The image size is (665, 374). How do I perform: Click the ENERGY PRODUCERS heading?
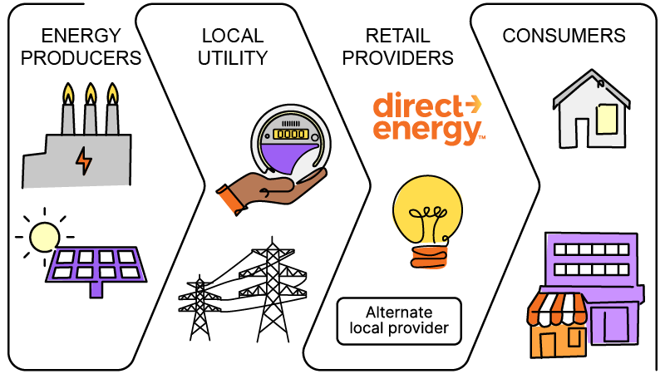point(80,47)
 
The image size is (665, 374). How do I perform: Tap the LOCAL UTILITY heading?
point(233,47)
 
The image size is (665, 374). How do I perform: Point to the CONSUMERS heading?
point(564,37)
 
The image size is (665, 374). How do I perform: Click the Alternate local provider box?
point(398,322)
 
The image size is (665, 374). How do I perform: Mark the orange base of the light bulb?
point(428,258)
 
